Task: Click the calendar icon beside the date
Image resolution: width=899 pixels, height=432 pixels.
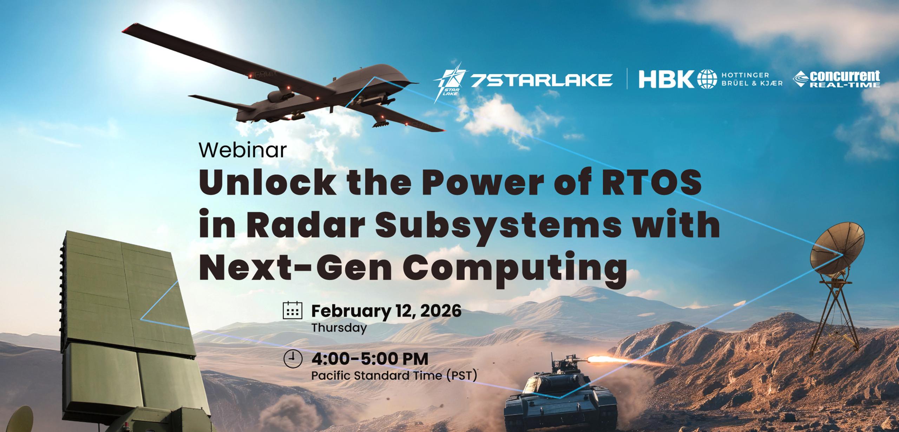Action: [293, 311]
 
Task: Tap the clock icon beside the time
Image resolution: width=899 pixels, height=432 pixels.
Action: [293, 360]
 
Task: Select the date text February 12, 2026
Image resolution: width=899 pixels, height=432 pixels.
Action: [386, 311]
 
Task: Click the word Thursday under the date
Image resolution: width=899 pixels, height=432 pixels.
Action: [339, 328]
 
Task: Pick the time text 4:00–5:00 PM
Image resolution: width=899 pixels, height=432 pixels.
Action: [370, 359]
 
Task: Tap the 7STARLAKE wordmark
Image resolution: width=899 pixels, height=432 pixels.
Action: [542, 80]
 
